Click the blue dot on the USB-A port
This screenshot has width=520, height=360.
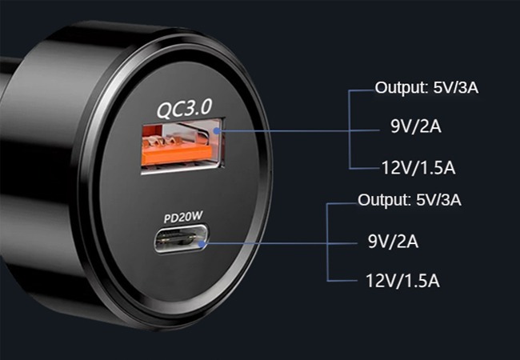click(x=217, y=127)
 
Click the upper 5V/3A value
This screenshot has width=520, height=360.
click(x=455, y=88)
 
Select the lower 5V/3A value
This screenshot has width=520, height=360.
click(x=438, y=199)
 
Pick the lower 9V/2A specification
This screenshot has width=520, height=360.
click(x=394, y=240)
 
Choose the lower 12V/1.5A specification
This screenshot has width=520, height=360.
click(x=402, y=281)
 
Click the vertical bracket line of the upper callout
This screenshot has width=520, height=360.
click(x=350, y=128)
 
